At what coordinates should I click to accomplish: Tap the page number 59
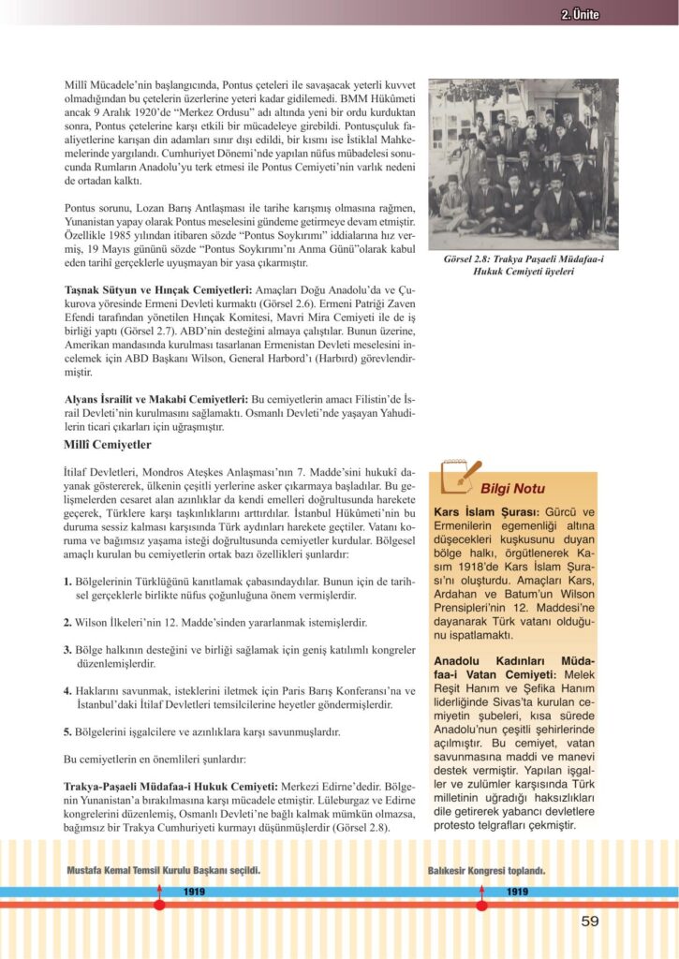coord(589,921)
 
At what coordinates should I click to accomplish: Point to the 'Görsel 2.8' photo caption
coord(524,264)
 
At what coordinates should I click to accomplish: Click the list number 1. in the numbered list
coord(67,582)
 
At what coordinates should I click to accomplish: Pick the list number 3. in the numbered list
coord(67,648)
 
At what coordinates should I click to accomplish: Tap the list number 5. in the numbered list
coord(67,731)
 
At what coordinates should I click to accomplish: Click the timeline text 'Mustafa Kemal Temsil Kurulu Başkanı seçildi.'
coord(164,870)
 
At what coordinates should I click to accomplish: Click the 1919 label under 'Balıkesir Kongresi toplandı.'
coord(516,891)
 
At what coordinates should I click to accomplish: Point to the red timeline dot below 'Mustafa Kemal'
coord(159,904)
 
